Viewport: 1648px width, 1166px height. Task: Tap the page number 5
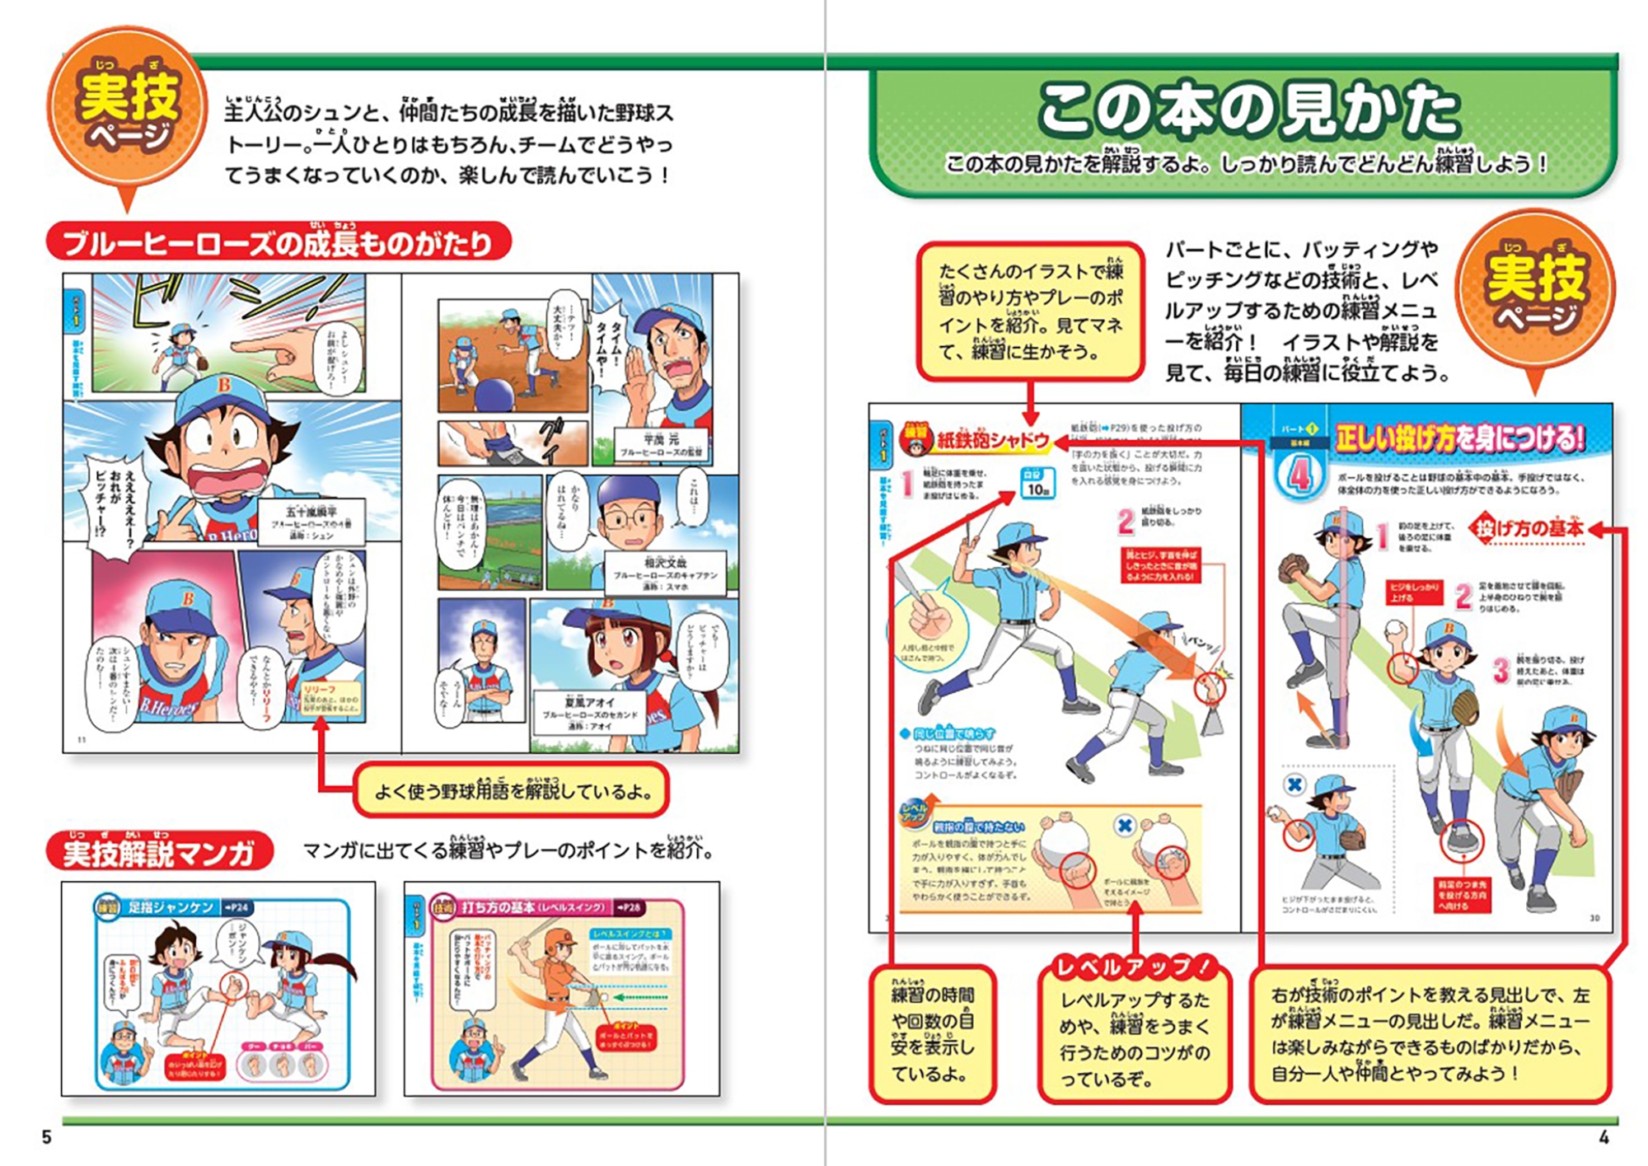pos(47,1137)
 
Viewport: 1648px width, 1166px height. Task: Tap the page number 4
pos(1604,1137)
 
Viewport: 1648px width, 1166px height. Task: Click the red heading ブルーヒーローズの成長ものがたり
pos(279,243)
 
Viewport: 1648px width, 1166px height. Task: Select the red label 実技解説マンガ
pos(159,852)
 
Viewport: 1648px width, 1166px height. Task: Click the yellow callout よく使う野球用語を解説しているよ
pos(512,791)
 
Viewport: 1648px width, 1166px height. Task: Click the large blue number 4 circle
pos(1299,475)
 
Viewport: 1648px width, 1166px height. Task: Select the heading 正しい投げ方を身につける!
pos(1459,438)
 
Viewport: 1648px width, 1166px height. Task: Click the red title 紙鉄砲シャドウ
pos(991,441)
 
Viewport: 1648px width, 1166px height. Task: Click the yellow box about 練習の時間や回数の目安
pos(933,1034)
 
